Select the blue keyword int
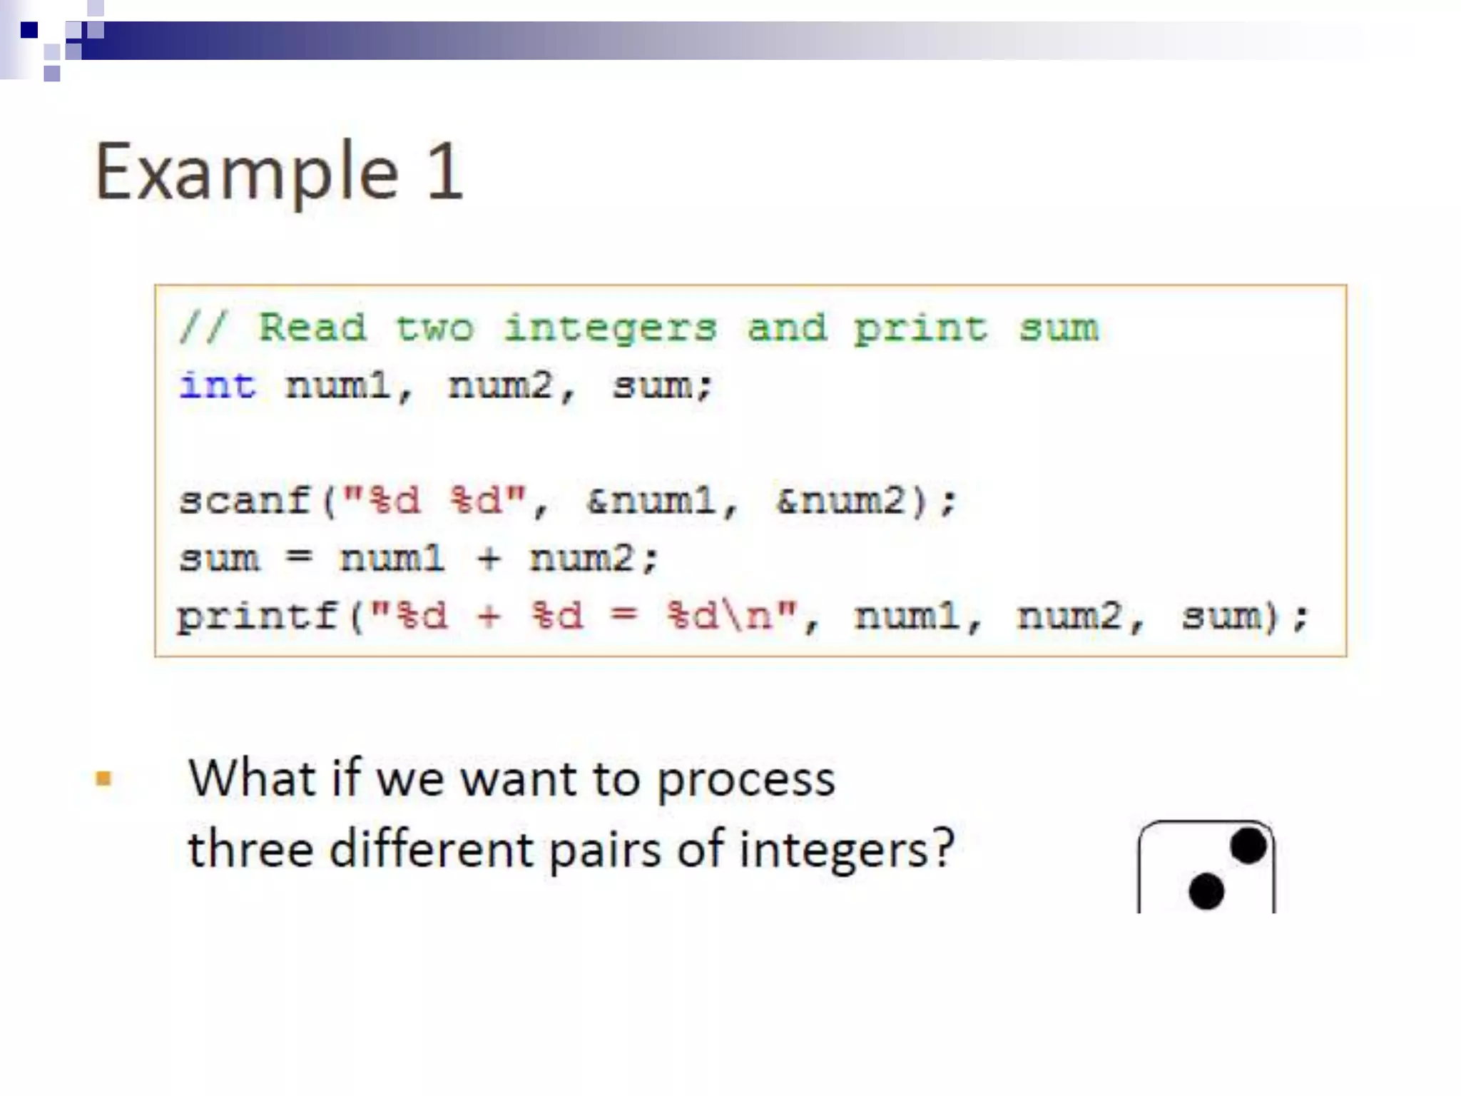(217, 386)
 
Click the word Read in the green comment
(312, 328)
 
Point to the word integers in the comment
(610, 329)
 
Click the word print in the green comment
(920, 329)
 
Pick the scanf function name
(245, 500)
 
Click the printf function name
(258, 615)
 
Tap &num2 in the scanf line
(841, 500)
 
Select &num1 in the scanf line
(651, 500)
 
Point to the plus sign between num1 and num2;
(489, 558)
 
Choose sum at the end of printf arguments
(1222, 615)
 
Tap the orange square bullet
(103, 778)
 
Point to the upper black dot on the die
(1248, 846)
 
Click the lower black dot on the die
(1206, 891)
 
